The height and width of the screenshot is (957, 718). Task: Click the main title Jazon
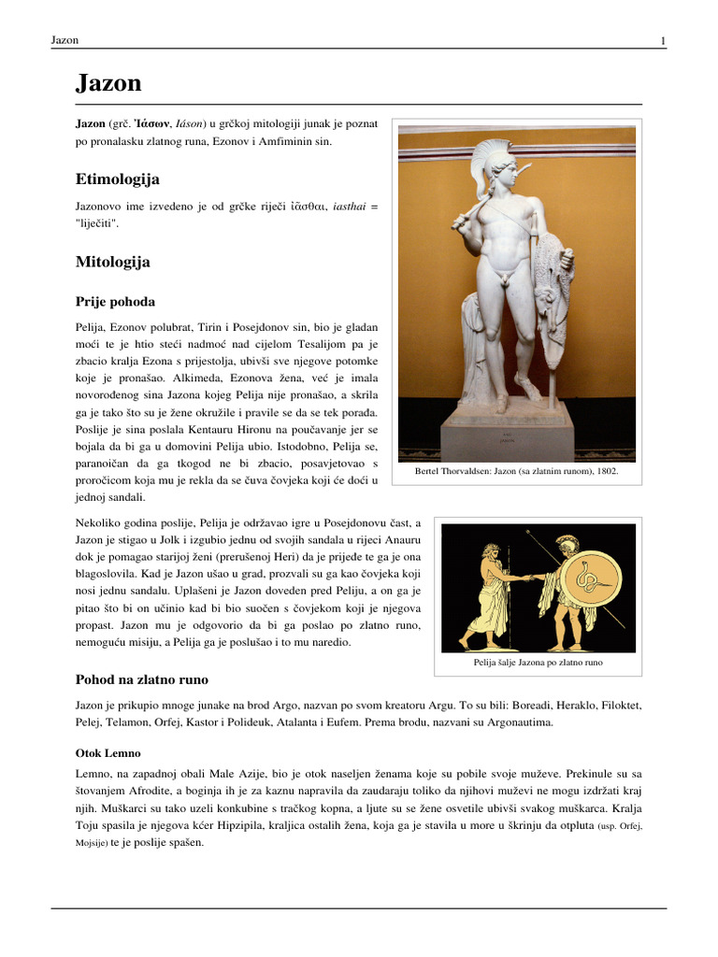tap(108, 84)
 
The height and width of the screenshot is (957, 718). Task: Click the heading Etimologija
tap(117, 179)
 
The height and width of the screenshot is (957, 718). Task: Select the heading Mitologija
tap(112, 263)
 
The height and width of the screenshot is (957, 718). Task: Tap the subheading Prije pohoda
tap(115, 302)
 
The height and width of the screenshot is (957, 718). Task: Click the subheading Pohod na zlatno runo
tap(141, 678)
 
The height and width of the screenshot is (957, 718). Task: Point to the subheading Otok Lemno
tap(108, 752)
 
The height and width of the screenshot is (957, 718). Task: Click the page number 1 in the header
tap(663, 40)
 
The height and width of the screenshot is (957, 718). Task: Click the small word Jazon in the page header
tap(65, 40)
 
